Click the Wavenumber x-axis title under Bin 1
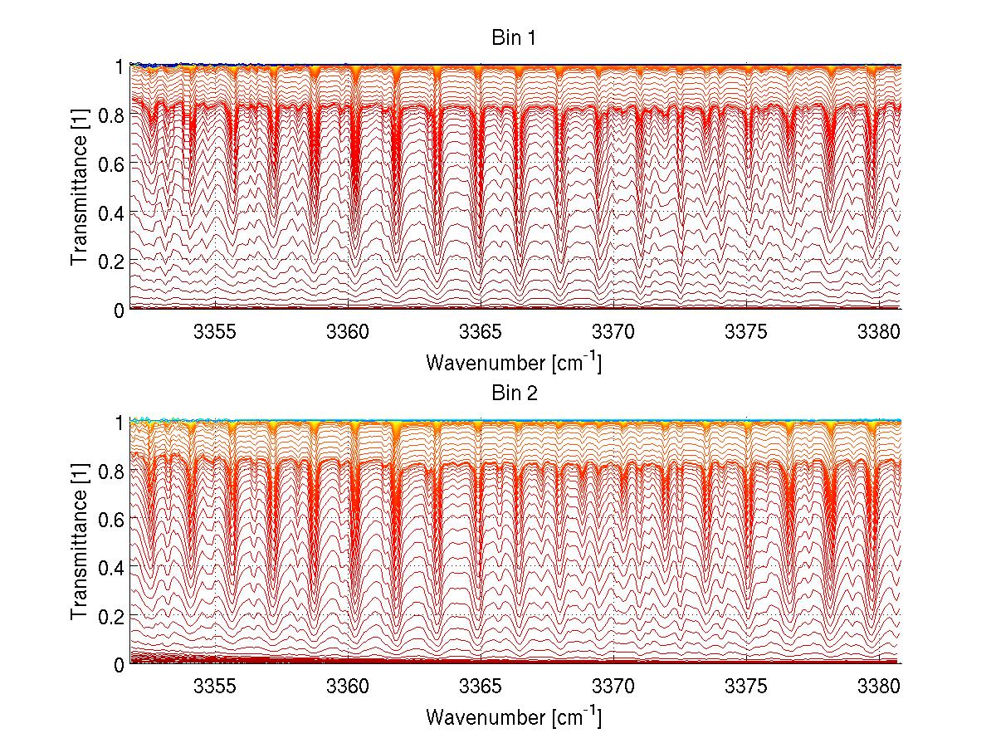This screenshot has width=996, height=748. tap(514, 362)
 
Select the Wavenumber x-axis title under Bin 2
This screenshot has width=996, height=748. tap(514, 716)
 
